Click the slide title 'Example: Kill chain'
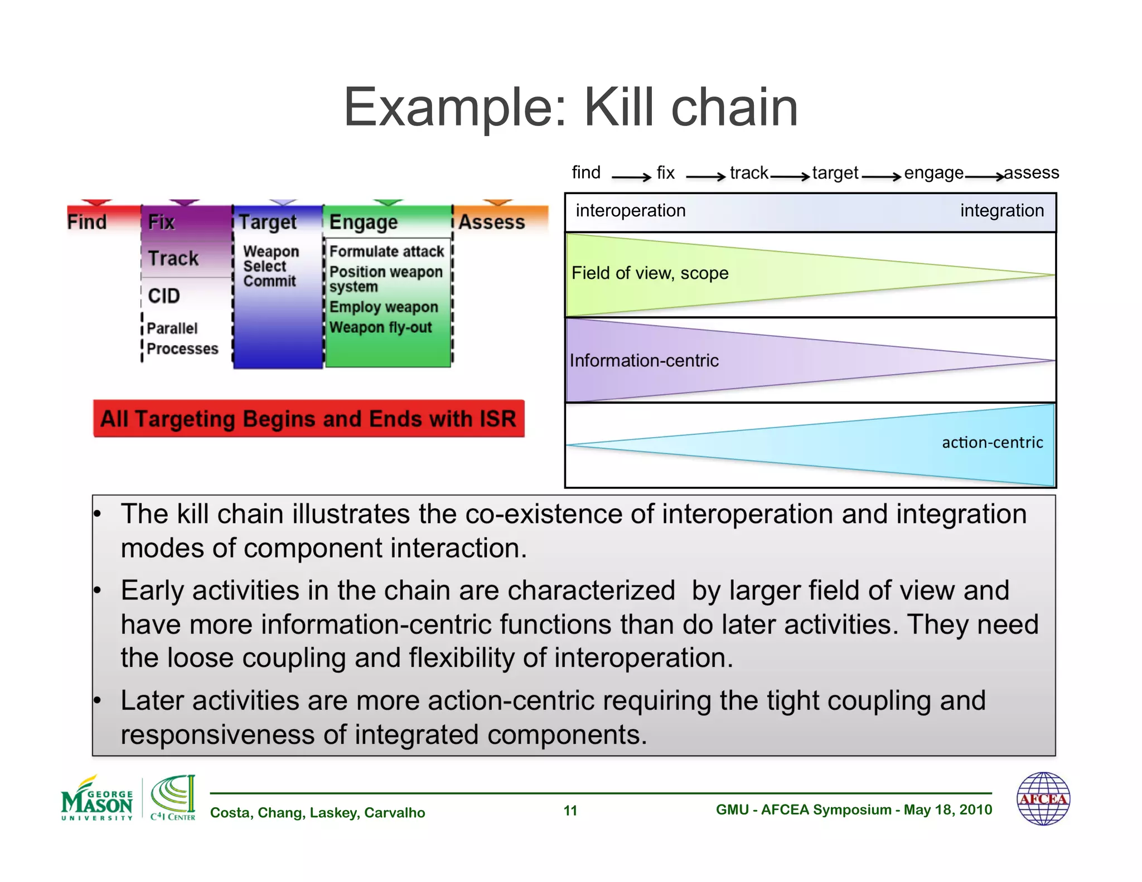pos(570,107)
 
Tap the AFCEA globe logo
pos(1043,798)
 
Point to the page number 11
pos(570,811)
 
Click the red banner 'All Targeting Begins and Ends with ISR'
pos(308,419)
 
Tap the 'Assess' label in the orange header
pos(491,222)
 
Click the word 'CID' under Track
pos(164,295)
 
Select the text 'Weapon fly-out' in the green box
pos(381,327)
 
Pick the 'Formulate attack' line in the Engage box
pos(386,251)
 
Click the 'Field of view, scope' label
pos(650,273)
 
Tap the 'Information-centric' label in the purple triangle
pos(644,361)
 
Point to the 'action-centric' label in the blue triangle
pos(992,443)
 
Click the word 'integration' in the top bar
pos(1001,211)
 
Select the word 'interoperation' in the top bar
pos(631,211)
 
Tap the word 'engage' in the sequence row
pos(933,173)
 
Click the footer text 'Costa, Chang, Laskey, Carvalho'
pos(317,813)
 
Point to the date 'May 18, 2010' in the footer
pos(947,810)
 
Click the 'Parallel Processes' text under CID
pos(182,338)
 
